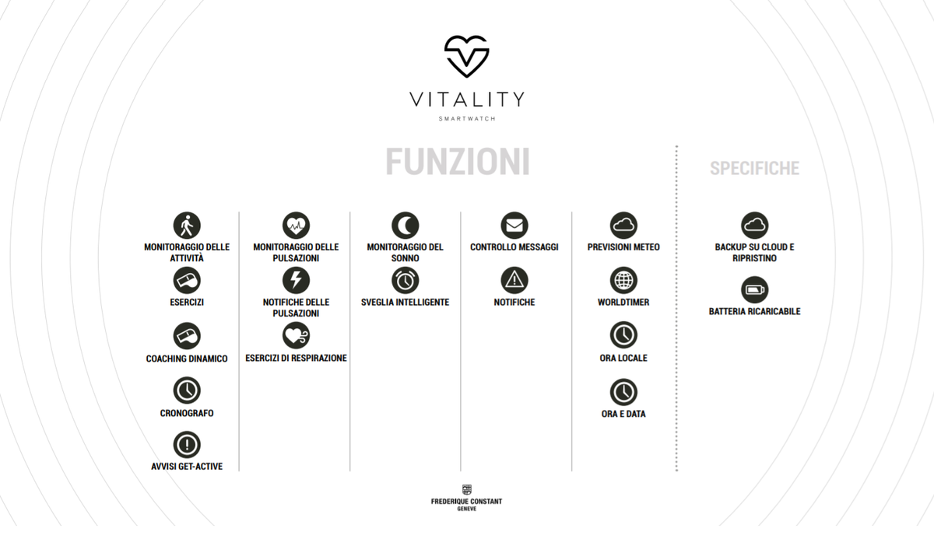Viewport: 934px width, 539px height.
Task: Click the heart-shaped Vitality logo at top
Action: point(466,56)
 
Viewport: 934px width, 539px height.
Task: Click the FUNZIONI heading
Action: point(458,162)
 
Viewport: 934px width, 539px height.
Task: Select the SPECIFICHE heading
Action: point(754,168)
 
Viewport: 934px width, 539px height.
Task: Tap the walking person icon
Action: point(187,226)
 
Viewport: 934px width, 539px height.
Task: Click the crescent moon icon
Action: point(405,226)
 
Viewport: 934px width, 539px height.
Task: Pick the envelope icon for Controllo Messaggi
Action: point(514,226)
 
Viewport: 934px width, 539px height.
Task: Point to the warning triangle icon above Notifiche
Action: point(514,280)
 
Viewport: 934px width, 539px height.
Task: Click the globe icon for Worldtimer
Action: point(623,280)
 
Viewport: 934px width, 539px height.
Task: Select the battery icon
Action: point(754,290)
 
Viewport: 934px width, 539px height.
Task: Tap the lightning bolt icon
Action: point(296,280)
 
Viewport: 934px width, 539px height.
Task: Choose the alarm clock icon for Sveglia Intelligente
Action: point(405,280)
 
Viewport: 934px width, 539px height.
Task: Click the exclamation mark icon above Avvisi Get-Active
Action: point(187,445)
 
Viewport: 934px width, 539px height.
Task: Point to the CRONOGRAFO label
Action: point(187,413)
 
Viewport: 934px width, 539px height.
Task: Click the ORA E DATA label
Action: point(623,414)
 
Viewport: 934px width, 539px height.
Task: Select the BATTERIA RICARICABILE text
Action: point(754,311)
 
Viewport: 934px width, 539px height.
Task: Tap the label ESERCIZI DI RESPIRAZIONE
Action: point(296,358)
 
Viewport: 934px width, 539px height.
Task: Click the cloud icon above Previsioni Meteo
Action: point(623,226)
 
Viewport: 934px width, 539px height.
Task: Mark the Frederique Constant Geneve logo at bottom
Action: point(466,498)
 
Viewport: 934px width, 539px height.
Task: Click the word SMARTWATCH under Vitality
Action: point(466,119)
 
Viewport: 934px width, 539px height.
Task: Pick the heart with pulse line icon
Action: point(296,226)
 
